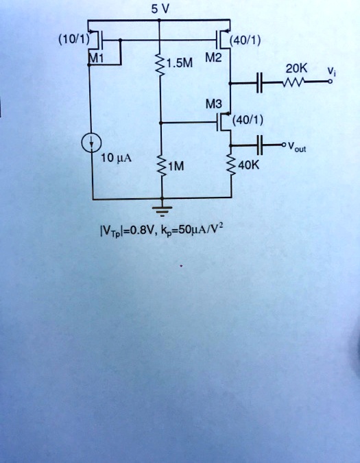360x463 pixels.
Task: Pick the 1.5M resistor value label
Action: point(182,65)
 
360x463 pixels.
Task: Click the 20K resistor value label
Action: point(296,69)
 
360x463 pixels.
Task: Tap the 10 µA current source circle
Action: point(91,143)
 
